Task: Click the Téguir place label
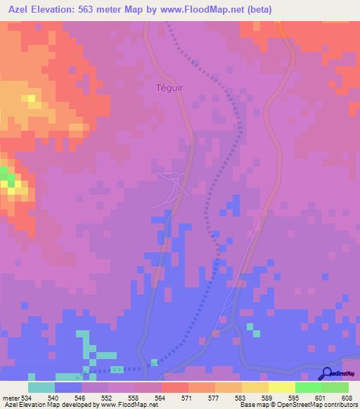170,88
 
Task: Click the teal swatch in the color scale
41,387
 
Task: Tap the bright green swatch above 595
308,387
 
